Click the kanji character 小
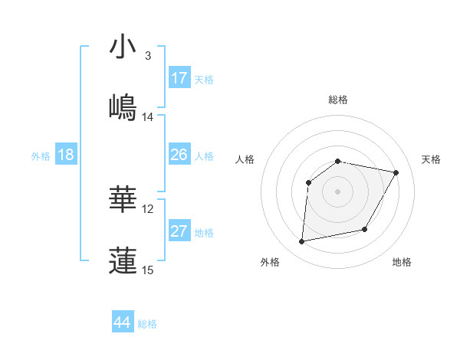(123, 47)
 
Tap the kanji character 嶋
(123, 106)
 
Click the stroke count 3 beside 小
(147, 56)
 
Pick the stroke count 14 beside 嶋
(148, 116)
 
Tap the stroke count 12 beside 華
(148, 209)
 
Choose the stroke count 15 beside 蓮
(148, 270)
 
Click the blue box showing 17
(179, 77)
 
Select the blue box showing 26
(179, 155)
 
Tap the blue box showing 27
(179, 231)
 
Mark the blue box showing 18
(66, 155)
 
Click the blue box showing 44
(123, 322)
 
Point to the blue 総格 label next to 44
(147, 324)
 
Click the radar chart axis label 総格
(337, 100)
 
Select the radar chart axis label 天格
(431, 159)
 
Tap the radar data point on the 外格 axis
(302, 242)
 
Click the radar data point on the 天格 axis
(396, 173)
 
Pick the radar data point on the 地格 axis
(365, 229)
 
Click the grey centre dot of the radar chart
(337, 191)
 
